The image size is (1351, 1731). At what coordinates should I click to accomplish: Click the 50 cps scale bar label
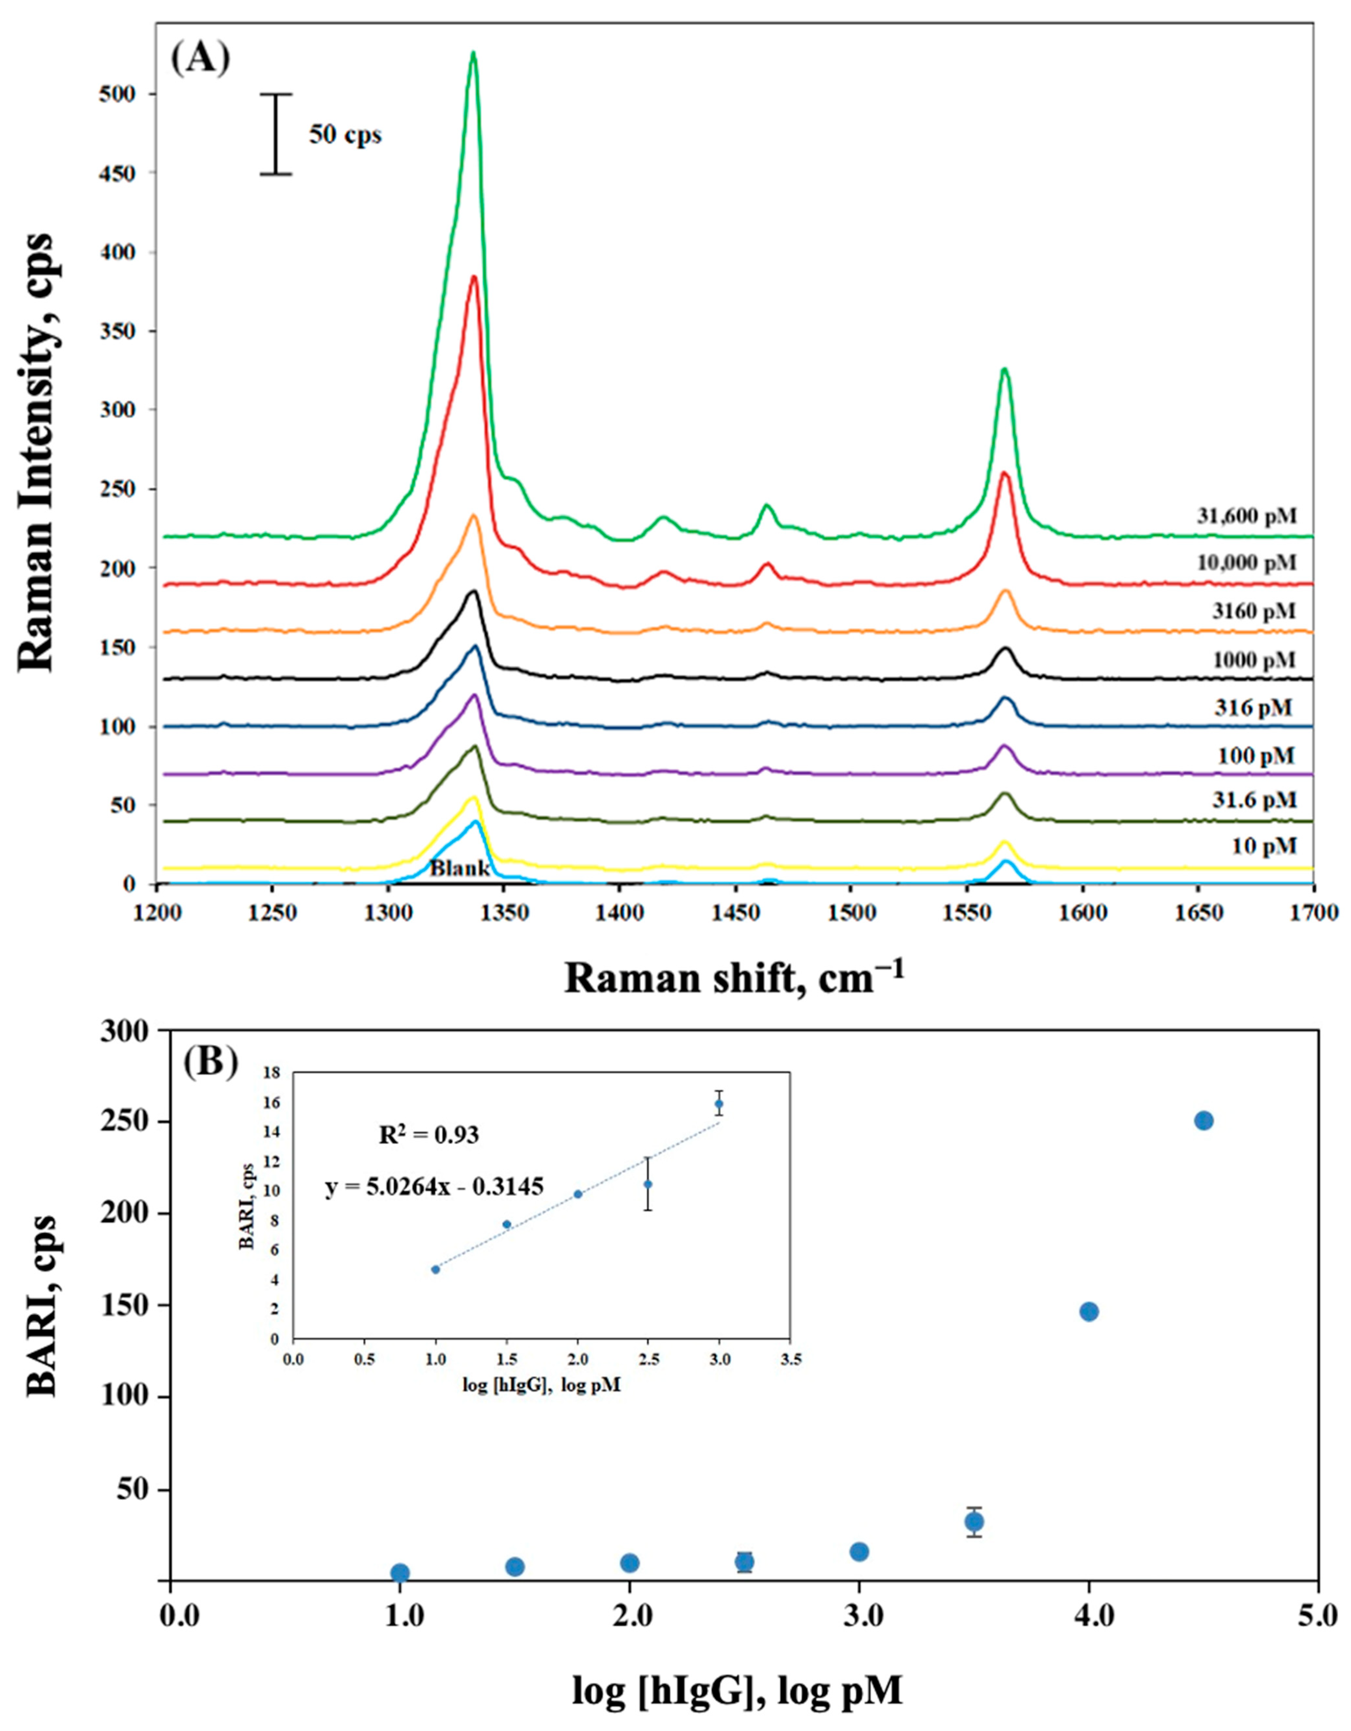345,136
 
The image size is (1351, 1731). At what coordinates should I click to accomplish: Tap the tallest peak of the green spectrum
473,54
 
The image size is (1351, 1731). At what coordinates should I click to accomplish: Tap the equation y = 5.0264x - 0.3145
435,1186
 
